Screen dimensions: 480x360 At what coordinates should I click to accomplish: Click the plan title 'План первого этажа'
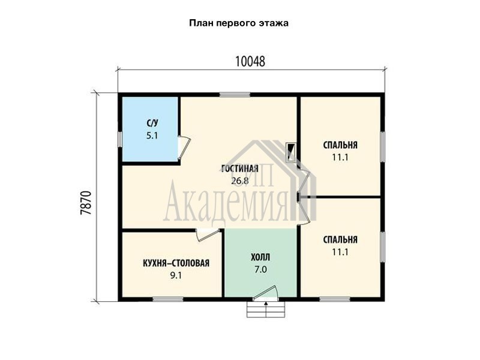[x=238, y=23]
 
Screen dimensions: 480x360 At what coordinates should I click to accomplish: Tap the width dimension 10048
[x=250, y=62]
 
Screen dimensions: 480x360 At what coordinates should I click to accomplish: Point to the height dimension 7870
[x=86, y=203]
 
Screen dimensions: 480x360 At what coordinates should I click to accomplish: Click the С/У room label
[x=152, y=123]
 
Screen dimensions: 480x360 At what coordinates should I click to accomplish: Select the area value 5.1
[x=152, y=136]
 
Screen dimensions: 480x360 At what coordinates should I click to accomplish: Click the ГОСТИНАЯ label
[x=240, y=169]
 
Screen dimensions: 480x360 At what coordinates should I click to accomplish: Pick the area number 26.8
[x=240, y=181]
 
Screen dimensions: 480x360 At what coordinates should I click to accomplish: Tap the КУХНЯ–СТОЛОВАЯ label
[x=176, y=263]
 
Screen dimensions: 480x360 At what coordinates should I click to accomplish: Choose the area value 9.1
[x=176, y=275]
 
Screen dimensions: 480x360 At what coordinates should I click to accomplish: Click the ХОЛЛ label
[x=260, y=257]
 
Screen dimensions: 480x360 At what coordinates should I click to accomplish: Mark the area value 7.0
[x=260, y=269]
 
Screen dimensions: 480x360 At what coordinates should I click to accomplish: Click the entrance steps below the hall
[x=266, y=310]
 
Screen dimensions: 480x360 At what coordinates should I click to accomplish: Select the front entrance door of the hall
[x=266, y=293]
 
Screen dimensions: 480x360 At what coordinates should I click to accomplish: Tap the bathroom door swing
[x=184, y=147]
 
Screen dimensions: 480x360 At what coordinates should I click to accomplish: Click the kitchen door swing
[x=208, y=235]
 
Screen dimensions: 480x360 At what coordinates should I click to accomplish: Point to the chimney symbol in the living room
[x=291, y=152]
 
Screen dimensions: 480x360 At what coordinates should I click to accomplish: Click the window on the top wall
[x=235, y=95]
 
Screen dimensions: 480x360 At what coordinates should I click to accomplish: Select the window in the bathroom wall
[x=120, y=139]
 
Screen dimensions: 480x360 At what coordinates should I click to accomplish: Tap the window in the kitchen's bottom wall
[x=168, y=299]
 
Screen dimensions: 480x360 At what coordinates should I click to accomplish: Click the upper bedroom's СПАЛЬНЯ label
[x=340, y=145]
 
